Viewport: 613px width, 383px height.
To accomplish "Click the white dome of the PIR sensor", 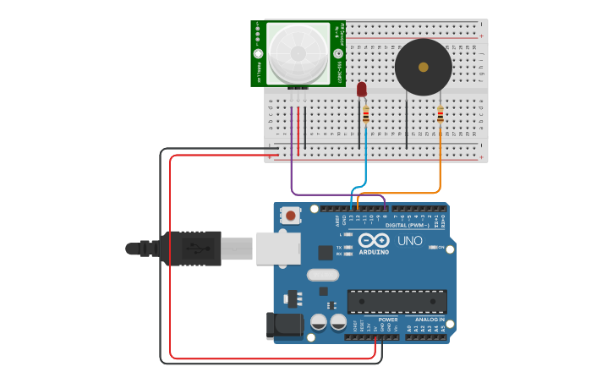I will pos(298,53).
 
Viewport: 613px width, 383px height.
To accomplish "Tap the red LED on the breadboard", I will pos(362,89).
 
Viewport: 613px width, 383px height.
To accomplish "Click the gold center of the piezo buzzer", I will pos(423,66).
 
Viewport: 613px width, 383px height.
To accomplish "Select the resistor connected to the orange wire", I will pos(440,114).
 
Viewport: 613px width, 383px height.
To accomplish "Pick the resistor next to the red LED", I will pos(365,114).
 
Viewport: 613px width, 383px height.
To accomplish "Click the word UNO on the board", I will pos(410,240).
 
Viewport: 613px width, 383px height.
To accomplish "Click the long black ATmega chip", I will pos(397,302).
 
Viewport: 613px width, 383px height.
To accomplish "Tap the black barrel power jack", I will pos(284,326).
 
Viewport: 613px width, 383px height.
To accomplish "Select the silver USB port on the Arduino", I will pos(278,248).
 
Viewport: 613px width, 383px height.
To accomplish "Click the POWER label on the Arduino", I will pos(387,320).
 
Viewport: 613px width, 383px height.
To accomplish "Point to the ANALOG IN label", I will pos(430,320).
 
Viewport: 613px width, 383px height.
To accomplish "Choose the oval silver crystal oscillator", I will pos(322,275).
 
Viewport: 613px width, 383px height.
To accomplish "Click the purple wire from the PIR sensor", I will pos(292,169).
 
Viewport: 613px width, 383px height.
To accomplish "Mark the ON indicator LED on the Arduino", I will pos(433,248).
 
